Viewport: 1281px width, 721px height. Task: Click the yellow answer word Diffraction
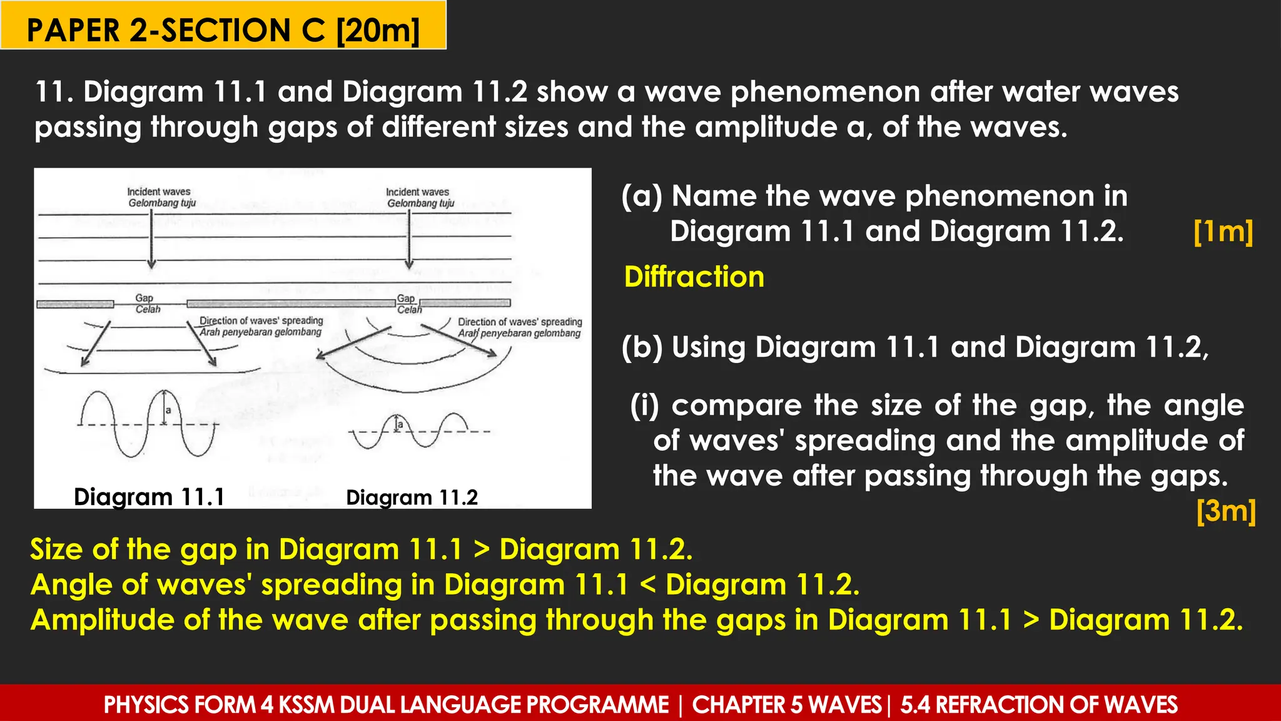coord(694,277)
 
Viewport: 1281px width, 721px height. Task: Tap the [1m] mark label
coord(1223,232)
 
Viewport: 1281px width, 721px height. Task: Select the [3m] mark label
coord(1225,511)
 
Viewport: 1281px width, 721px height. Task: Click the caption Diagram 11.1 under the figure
coord(149,497)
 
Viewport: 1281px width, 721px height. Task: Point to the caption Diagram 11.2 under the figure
coord(412,498)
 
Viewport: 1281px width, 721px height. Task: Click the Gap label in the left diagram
coord(144,299)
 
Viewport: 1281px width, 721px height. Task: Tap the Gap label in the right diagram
coord(405,299)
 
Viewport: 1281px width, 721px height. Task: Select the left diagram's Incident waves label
coord(159,192)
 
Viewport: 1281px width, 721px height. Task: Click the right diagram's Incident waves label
coord(417,192)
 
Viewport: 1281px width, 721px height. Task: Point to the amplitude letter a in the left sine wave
coord(168,411)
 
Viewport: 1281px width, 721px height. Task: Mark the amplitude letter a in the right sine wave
coord(400,425)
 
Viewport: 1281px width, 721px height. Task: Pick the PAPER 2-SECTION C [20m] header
coord(223,30)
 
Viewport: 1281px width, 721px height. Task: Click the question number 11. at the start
coord(53,92)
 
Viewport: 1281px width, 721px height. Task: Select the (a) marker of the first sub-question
coord(642,197)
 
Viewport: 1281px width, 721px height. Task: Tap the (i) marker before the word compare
coord(644,406)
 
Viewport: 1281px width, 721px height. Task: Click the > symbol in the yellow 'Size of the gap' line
coord(481,550)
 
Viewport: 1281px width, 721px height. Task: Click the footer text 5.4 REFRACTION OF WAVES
coord(1038,705)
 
